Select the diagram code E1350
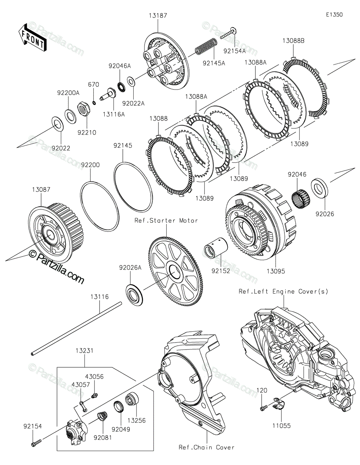(334, 15)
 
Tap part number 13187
(158, 15)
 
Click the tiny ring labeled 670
(94, 103)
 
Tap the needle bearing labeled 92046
(301, 197)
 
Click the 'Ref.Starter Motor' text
(166, 220)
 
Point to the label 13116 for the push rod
(100, 297)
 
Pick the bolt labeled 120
(264, 408)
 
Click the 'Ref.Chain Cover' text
(207, 447)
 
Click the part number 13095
(276, 271)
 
